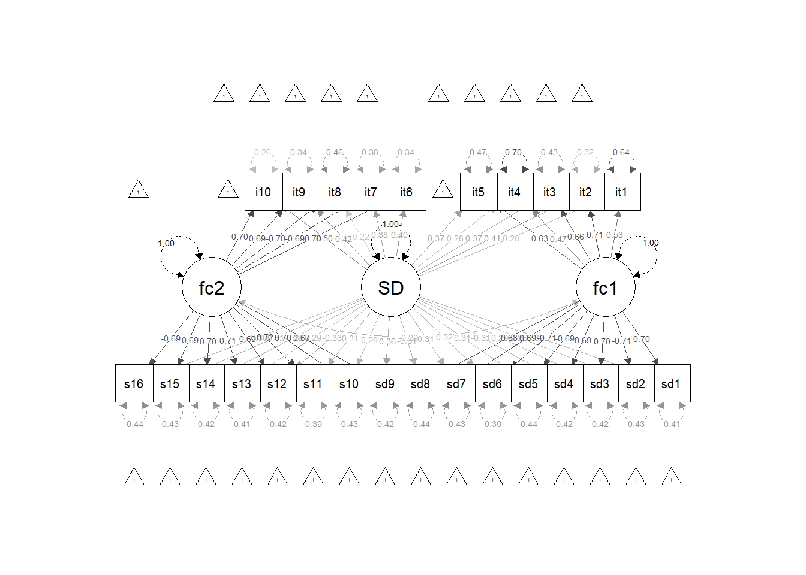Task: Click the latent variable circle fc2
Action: tap(212, 287)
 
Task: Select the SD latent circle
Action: tap(391, 287)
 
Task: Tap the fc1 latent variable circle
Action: tap(605, 287)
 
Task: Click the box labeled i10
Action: tap(263, 192)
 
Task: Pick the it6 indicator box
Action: tap(407, 192)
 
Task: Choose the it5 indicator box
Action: tap(478, 192)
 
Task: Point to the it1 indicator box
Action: tap(621, 192)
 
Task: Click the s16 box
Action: tap(134, 383)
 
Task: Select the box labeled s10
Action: tap(349, 383)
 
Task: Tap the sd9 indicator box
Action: tap(385, 383)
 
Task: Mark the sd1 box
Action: tap(671, 383)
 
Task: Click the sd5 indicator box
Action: tap(528, 383)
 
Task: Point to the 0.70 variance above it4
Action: tap(513, 152)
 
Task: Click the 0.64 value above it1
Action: tap(621, 152)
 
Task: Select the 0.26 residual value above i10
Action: tap(263, 152)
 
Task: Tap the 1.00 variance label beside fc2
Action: tap(166, 243)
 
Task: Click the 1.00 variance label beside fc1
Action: tap(651, 243)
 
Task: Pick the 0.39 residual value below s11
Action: tap(314, 424)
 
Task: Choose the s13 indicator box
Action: tap(242, 383)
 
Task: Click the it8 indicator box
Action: tap(335, 192)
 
